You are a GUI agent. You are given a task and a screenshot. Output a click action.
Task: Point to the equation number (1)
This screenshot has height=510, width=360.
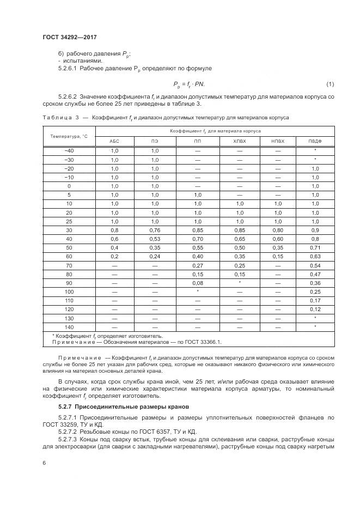pos(330,84)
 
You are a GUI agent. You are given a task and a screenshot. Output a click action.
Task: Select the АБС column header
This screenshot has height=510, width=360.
pos(115,141)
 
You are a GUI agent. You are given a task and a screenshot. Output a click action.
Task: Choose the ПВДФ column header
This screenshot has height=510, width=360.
pos(315,141)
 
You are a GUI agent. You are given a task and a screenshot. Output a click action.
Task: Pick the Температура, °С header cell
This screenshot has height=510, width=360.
pos(69,136)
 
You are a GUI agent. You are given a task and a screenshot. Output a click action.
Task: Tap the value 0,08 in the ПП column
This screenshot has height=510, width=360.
pos(197,283)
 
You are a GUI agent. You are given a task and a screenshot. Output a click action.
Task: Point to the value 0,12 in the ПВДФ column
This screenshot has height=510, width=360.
pos(315,309)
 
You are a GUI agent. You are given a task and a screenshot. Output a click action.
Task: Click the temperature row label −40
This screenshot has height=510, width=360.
pos(69,150)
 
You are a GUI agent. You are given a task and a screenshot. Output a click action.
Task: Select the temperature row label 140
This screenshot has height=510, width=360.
pos(69,327)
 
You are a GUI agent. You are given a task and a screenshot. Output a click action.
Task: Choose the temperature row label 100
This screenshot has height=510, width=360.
pos(69,292)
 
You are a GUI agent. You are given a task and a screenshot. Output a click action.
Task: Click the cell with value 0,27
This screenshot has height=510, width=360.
pos(197,265)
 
